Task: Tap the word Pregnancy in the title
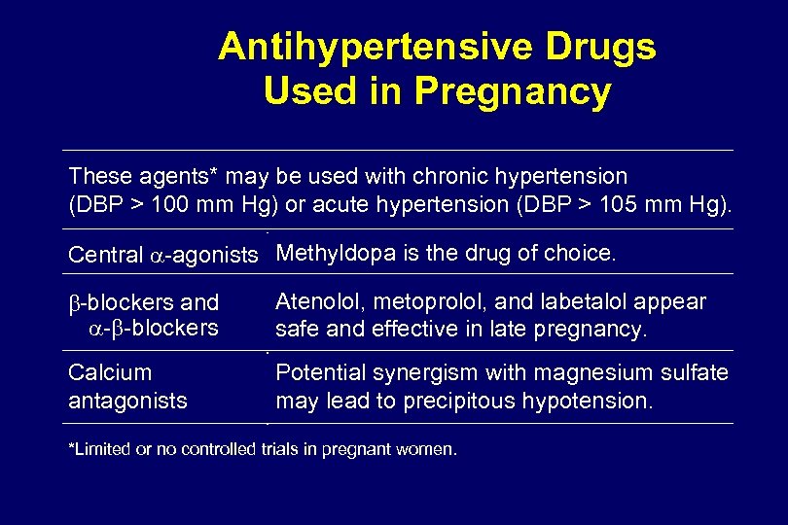click(513, 91)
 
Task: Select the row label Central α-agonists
click(162, 256)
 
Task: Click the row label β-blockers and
click(143, 303)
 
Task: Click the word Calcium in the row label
click(110, 372)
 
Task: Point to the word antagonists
click(127, 400)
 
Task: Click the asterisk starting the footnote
click(71, 447)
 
